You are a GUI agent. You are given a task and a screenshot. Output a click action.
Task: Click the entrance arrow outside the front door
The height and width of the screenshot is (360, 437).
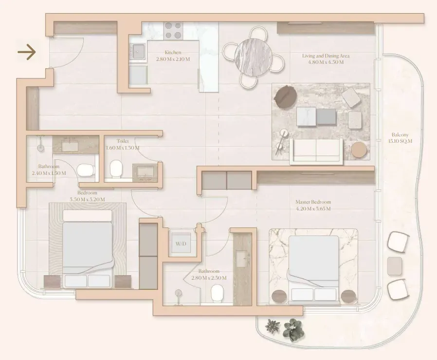27,52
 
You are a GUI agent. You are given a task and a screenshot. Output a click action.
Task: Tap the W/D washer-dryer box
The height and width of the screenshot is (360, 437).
181,244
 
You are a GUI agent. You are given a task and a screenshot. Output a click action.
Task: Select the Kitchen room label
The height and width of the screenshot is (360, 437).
173,53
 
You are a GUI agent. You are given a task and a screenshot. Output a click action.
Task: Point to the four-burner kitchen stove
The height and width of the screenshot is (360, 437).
173,30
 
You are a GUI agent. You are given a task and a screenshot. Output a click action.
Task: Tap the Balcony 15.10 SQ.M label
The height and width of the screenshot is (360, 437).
400,138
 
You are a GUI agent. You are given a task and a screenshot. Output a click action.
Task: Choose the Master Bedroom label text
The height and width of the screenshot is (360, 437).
313,202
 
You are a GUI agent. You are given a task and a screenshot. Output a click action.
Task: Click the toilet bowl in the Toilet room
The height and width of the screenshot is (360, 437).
116,169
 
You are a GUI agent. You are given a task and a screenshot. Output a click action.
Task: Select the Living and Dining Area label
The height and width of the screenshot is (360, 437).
326,56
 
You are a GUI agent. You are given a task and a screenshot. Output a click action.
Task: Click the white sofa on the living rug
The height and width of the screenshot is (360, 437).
316,151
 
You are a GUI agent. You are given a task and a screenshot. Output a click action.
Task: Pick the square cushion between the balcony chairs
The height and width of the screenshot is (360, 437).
395,265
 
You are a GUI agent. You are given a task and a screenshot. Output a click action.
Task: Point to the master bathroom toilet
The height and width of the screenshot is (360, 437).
218,293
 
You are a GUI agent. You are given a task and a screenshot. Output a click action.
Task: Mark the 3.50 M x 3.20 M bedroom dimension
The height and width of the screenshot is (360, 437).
87,200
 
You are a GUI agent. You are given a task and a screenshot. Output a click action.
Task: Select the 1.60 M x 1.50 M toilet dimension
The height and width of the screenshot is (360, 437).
123,148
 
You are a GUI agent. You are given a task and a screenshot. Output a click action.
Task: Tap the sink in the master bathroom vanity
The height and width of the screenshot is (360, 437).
242,259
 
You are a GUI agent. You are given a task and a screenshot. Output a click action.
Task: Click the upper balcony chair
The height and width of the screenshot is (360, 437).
398,242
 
